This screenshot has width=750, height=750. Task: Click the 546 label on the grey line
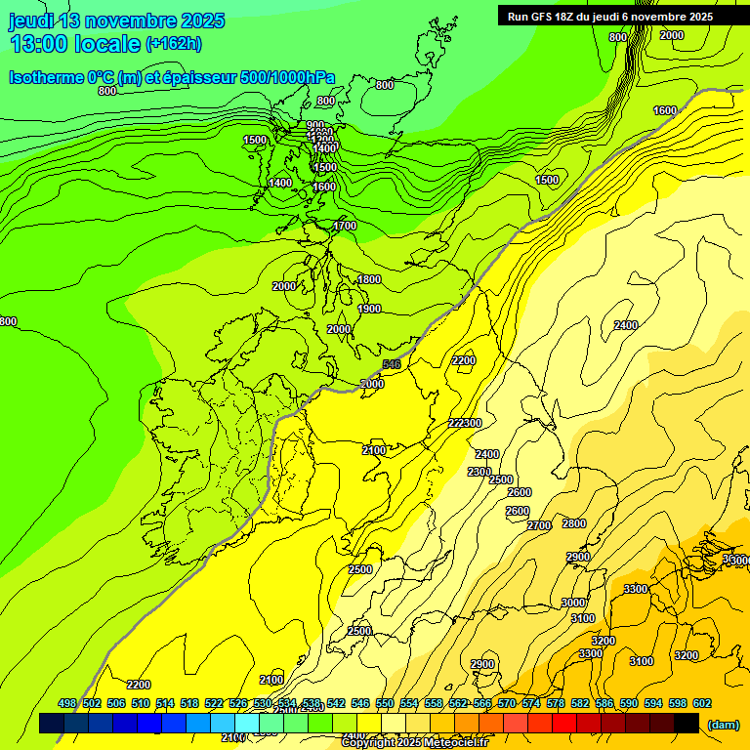click(x=392, y=364)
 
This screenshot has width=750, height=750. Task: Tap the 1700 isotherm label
click(x=345, y=226)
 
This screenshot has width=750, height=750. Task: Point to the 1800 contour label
click(x=369, y=280)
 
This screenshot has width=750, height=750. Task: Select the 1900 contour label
click(x=369, y=309)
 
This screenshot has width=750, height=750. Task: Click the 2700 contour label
click(x=539, y=525)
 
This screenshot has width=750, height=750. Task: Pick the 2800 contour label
click(x=574, y=523)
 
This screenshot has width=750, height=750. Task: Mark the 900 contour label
click(x=315, y=125)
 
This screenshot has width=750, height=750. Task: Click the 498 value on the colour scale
click(x=67, y=703)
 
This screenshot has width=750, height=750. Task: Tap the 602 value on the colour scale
click(x=702, y=703)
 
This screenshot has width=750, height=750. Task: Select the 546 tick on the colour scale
click(x=360, y=703)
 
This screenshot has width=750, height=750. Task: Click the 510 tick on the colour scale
click(x=141, y=703)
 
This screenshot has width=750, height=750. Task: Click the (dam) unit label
click(x=723, y=724)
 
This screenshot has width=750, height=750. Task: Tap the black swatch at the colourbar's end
click(x=687, y=723)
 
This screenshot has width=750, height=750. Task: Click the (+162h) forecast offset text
click(x=174, y=43)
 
